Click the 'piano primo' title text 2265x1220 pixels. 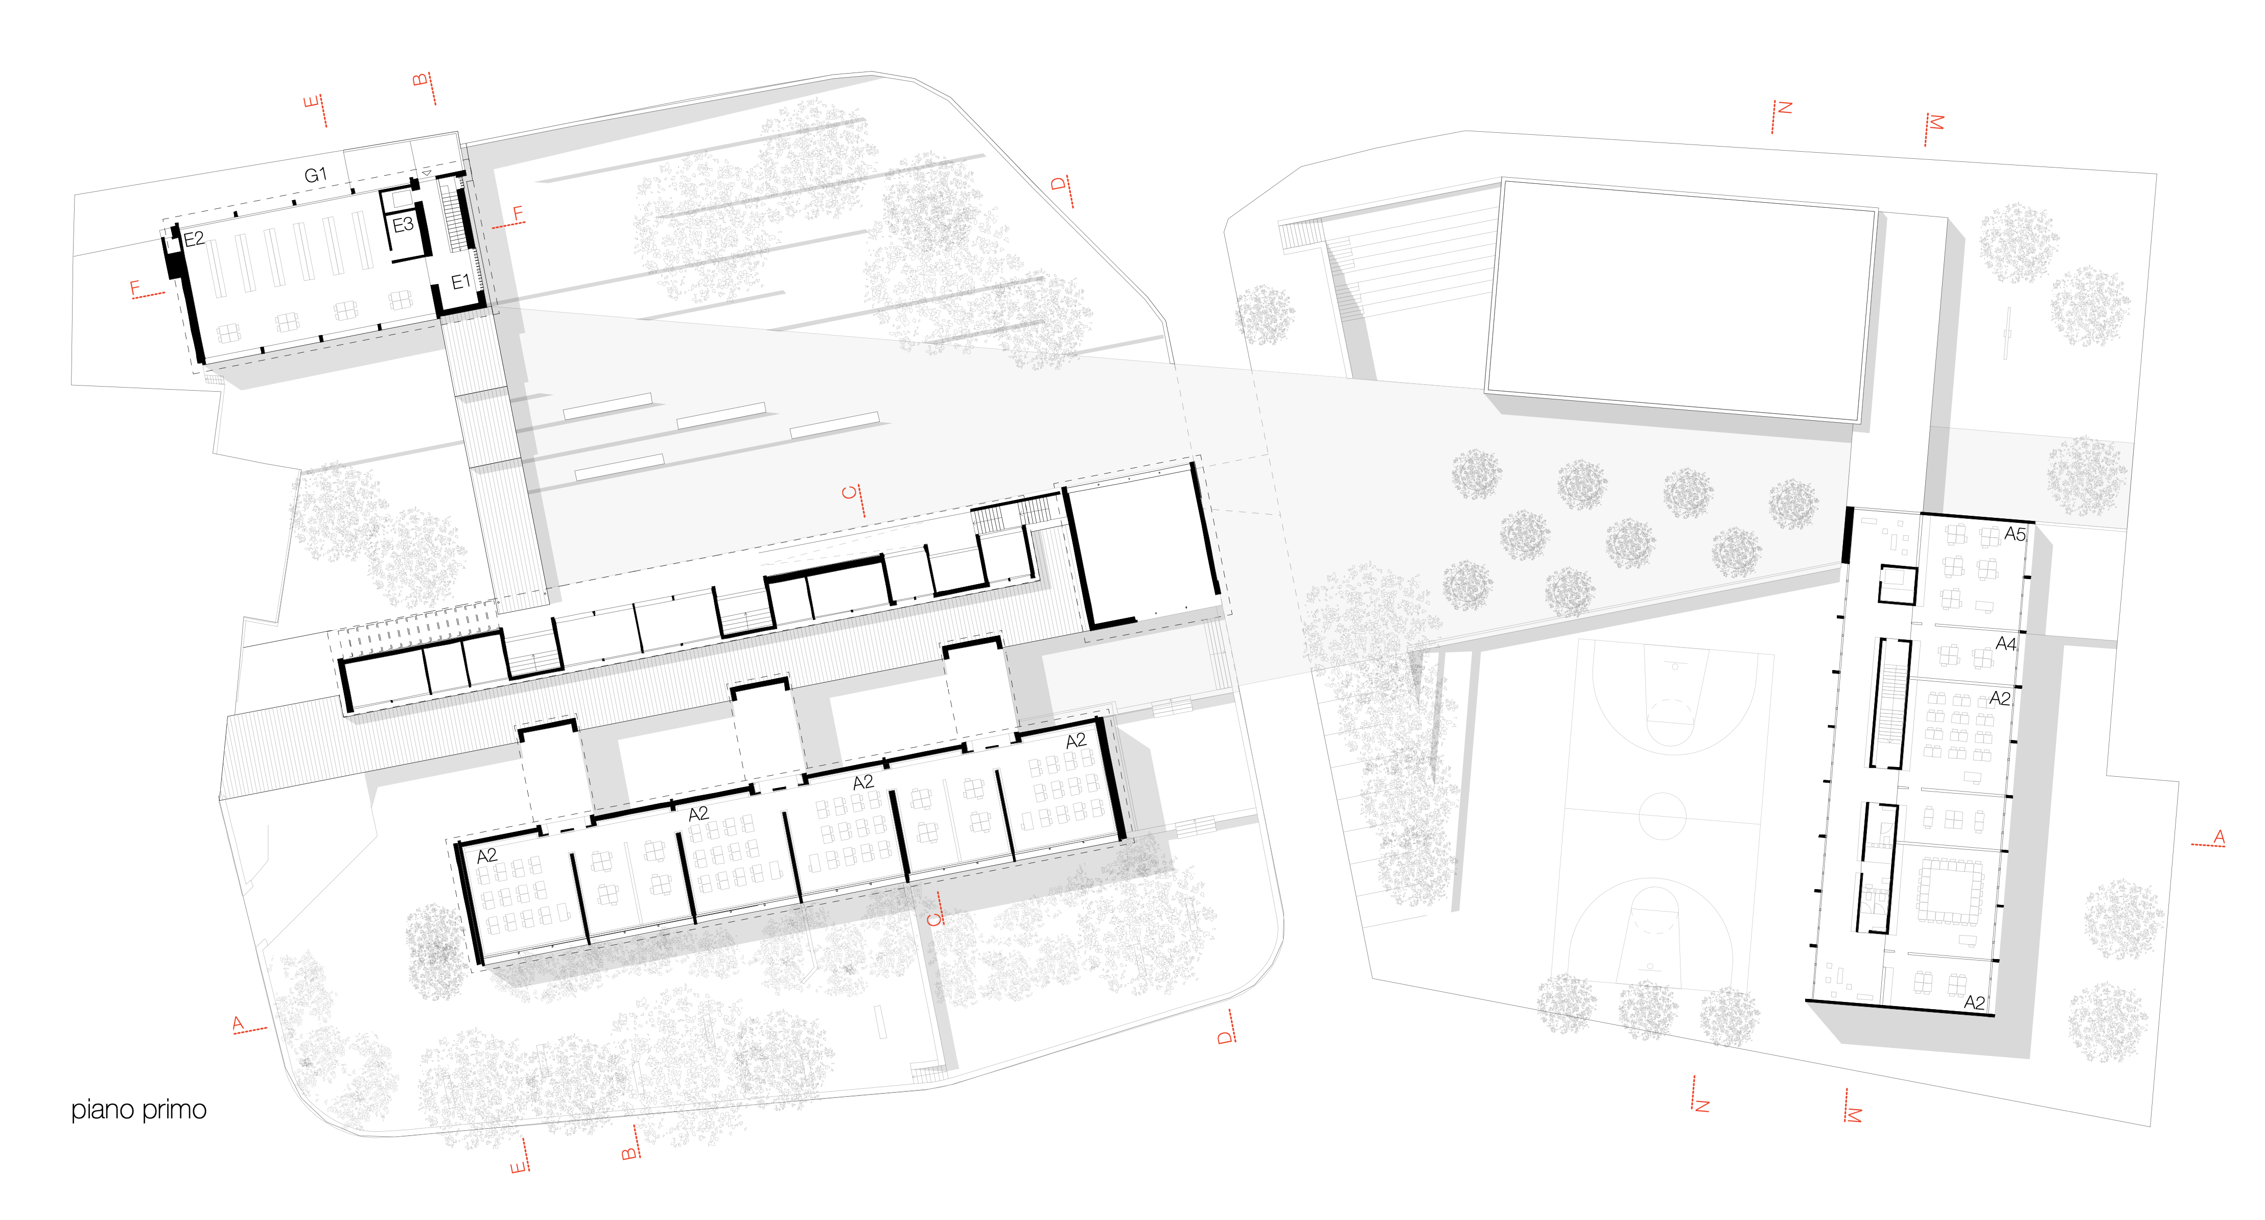(x=139, y=1110)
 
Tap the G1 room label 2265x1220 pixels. (x=315, y=175)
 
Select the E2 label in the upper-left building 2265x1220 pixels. (x=194, y=238)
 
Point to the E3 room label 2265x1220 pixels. (x=403, y=225)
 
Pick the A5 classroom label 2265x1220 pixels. (x=2015, y=534)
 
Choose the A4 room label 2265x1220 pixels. (x=2005, y=643)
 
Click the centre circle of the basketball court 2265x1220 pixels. (x=1662, y=816)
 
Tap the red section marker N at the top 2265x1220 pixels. (x=1784, y=108)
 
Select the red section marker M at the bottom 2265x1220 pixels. (x=1854, y=1114)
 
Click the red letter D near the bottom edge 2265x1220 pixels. (x=1225, y=1037)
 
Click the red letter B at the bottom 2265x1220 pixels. (x=628, y=1152)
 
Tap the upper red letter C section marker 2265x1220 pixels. (x=849, y=492)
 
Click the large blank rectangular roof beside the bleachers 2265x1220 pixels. (x=1679, y=299)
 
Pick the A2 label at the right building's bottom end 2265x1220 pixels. (x=1974, y=1002)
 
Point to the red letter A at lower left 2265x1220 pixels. (x=238, y=1022)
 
